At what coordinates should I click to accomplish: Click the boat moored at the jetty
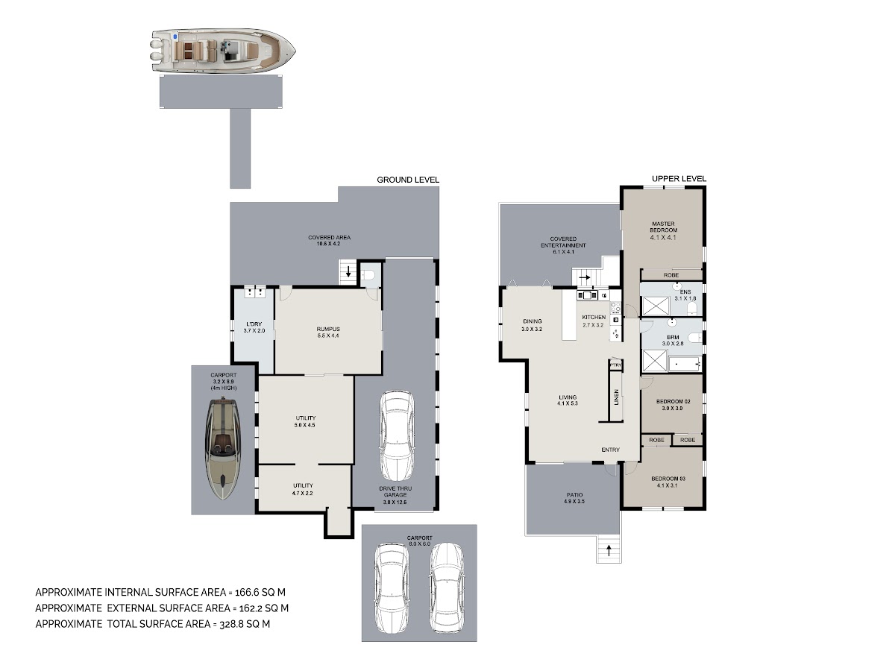[x=223, y=51]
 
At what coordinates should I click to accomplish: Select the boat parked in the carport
[x=223, y=449]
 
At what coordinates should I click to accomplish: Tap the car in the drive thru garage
[x=396, y=435]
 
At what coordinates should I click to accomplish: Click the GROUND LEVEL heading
[x=408, y=180]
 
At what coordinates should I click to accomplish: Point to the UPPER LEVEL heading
[x=679, y=178]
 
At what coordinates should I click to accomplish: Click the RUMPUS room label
[x=328, y=330]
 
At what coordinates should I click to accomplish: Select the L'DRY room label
[x=254, y=324]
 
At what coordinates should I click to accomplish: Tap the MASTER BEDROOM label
[x=663, y=227]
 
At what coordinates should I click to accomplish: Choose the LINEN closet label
[x=616, y=397]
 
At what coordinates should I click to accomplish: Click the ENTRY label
[x=610, y=450]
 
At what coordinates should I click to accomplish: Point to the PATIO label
[x=574, y=495]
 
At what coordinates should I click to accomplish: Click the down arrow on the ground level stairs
[x=348, y=271]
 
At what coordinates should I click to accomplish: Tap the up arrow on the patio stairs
[x=609, y=551]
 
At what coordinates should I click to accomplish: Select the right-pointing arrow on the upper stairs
[x=585, y=277]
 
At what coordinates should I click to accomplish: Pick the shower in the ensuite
[x=656, y=306]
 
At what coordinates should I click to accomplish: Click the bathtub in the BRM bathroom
[x=685, y=362]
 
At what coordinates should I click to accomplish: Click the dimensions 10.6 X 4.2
[x=328, y=244]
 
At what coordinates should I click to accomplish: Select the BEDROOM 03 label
[x=668, y=479]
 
